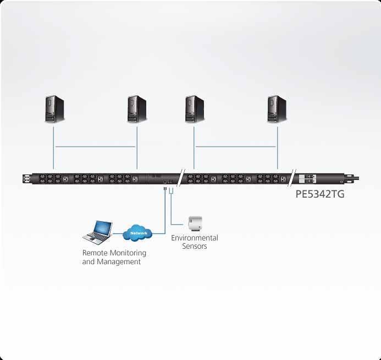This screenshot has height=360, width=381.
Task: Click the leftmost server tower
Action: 54,108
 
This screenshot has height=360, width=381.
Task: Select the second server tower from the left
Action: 137,108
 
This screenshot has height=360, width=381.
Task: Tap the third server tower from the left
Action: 195,108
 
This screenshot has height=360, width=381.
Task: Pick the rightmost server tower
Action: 277,108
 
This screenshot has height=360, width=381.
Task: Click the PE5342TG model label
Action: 321,194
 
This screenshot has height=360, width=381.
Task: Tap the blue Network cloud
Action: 139,233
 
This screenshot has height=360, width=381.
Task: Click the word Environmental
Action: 195,238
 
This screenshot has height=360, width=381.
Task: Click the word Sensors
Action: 195,246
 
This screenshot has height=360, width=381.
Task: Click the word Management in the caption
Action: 119,261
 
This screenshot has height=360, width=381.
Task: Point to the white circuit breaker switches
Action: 307,179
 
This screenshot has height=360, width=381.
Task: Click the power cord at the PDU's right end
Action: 355,178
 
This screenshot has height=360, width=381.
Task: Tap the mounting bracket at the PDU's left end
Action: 26,179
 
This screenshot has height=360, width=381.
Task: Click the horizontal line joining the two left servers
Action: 95,146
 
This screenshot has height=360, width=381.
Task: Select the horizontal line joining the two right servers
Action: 236,146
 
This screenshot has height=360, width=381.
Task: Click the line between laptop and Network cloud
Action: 118,234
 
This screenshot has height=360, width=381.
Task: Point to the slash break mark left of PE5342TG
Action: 294,178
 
